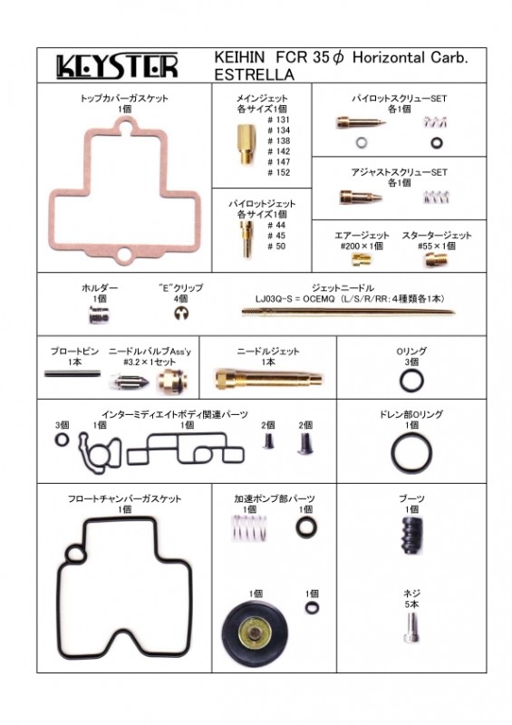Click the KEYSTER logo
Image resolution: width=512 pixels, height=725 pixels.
click(117, 66)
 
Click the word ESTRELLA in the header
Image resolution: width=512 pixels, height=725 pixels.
click(255, 74)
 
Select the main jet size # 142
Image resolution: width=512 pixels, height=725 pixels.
click(279, 151)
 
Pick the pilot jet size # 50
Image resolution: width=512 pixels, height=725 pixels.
click(276, 246)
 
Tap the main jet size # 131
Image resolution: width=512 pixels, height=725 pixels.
click(279, 120)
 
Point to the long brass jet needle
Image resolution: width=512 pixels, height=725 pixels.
click(348, 312)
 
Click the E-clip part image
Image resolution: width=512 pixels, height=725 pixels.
click(181, 314)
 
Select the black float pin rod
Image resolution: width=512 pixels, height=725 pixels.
click(72, 373)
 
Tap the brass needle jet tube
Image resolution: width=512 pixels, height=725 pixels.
click(269, 379)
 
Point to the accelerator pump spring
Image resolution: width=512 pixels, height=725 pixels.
click(249, 528)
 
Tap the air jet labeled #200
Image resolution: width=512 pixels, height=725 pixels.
click(362, 260)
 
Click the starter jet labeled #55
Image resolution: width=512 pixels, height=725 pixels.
click(436, 260)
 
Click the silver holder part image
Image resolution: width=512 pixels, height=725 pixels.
click(98, 315)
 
